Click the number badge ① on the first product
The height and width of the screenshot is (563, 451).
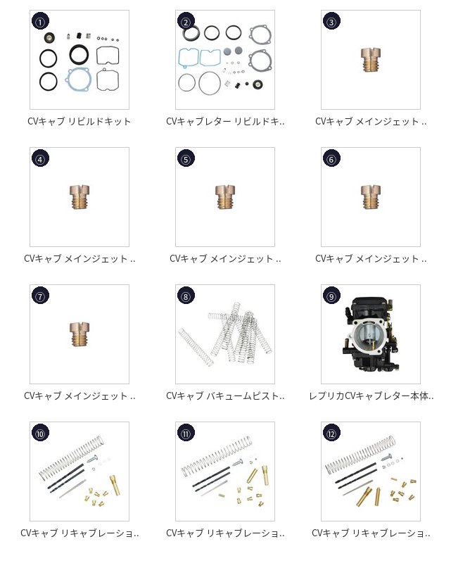point(40,22)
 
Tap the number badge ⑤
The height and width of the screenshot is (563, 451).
point(186,159)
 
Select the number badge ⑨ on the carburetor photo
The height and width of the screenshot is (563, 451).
point(331,296)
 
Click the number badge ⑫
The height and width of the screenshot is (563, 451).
point(331,434)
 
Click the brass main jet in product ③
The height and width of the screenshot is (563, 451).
point(371,60)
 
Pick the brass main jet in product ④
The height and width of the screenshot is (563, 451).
point(80,197)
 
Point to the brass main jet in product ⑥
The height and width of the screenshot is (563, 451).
point(371,197)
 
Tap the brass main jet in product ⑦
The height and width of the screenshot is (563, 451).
point(80,334)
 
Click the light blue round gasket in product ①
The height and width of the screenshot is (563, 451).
point(77,79)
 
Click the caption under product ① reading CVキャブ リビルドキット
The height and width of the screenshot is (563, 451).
point(80,121)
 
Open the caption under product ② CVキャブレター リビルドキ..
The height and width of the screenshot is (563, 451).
point(225,121)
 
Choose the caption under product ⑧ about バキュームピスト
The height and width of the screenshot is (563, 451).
point(225,396)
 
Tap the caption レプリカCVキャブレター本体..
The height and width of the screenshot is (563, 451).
point(371,396)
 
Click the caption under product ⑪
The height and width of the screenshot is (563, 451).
point(225,533)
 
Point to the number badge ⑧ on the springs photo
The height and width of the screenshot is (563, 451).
point(186,296)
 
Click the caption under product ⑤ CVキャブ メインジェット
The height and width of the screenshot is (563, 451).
point(225,258)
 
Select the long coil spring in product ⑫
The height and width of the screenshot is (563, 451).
point(360,455)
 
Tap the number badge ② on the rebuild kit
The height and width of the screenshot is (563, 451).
point(186,22)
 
